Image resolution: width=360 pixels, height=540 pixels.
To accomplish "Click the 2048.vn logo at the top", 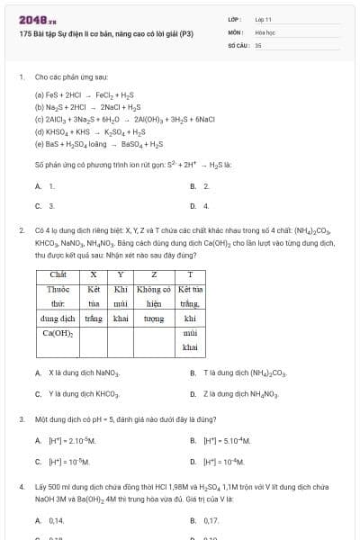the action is (38, 18).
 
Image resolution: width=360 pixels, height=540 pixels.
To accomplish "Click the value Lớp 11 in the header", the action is (264, 18).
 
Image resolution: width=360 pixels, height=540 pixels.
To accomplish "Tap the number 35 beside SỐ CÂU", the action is (258, 44).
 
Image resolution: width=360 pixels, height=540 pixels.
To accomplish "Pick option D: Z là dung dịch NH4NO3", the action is (237, 393).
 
